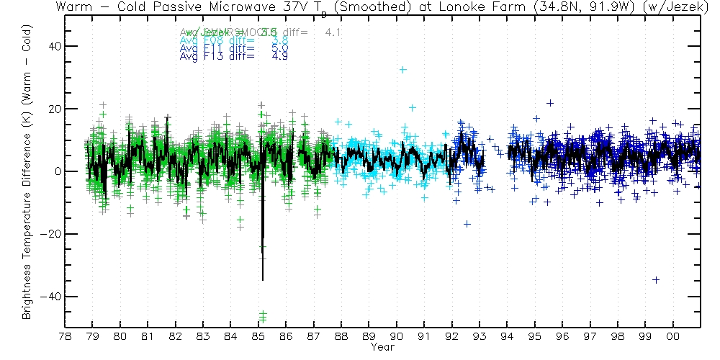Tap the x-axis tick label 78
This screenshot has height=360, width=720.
point(65,337)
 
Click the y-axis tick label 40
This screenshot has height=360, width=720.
point(53,46)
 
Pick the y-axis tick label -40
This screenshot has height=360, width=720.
point(50,297)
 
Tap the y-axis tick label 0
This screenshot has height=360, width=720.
point(56,171)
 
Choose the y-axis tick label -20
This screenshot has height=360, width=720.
point(50,234)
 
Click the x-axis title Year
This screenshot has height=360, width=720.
point(382,347)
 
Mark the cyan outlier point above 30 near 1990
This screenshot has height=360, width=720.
point(403,70)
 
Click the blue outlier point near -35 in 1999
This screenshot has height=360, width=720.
point(656,280)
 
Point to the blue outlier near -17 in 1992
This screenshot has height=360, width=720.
point(467,224)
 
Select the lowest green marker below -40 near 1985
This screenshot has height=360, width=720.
point(263,319)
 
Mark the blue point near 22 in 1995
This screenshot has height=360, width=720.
point(550,103)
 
